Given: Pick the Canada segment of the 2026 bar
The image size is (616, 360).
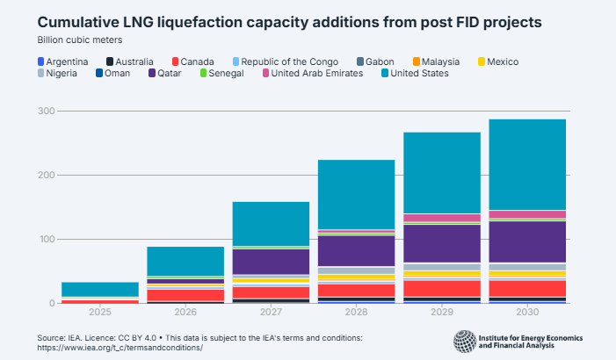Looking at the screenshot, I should point(185,295).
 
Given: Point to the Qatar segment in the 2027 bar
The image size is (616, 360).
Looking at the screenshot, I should point(271,262).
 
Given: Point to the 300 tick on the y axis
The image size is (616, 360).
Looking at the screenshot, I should point(46,112).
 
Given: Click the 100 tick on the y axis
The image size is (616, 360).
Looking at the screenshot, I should point(46,240).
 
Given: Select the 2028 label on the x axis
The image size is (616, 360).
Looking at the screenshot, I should point(356,313).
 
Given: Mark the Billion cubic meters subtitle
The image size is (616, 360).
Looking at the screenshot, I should point(80,40).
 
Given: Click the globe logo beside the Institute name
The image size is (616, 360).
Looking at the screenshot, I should point(465,342).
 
